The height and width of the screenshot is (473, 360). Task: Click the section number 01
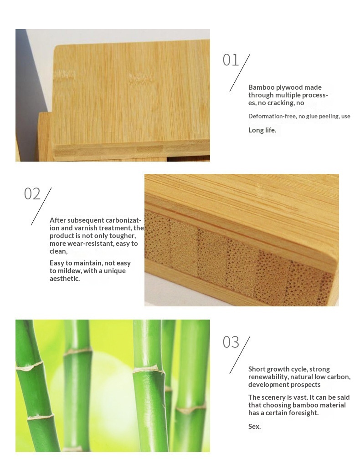point(231,60)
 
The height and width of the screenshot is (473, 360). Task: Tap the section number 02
point(32,193)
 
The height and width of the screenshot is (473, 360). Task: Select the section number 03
point(231,342)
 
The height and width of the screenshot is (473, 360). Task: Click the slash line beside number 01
point(240,72)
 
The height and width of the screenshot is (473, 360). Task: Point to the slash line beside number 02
point(41,206)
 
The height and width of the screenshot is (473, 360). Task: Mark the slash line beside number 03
point(240,355)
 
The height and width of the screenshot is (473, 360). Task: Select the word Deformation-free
point(272,116)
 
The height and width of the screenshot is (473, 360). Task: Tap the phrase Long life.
point(262,130)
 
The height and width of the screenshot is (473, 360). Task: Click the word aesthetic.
point(65,279)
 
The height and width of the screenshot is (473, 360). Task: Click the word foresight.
point(303,412)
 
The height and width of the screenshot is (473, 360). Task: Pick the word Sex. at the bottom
point(254,426)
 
